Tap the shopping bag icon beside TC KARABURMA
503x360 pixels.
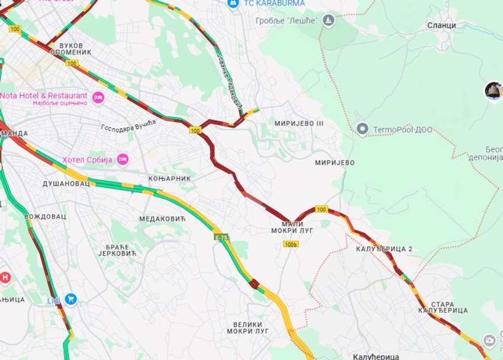(x=233, y=4)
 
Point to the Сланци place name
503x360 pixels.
(x=441, y=25)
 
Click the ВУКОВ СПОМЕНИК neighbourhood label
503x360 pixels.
(x=72, y=49)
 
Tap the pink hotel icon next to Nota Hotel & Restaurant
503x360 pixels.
(x=98, y=97)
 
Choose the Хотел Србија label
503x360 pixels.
(x=88, y=160)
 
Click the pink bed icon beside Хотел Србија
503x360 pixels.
(x=122, y=159)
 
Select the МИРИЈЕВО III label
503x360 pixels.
(x=299, y=123)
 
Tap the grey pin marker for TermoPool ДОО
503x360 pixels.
(x=362, y=128)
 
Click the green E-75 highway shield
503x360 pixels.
(x=221, y=237)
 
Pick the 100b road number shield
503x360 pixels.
(x=291, y=244)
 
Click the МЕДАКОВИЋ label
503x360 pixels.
(x=162, y=219)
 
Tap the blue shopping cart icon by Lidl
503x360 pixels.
(x=71, y=300)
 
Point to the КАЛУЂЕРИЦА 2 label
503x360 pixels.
(x=384, y=249)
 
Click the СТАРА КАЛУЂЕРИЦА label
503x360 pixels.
(x=443, y=307)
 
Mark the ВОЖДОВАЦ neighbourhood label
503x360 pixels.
(x=45, y=217)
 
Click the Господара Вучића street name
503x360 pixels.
(x=128, y=126)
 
